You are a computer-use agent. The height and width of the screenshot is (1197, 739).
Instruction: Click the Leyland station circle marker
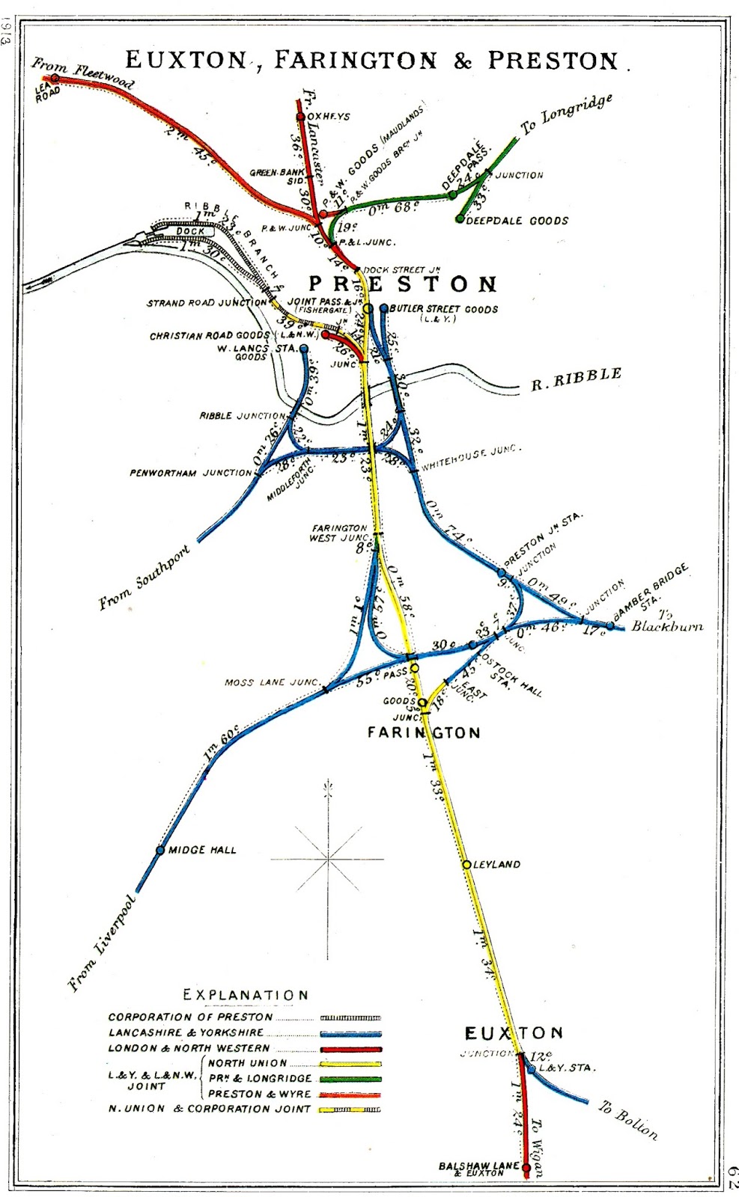[x=466, y=864]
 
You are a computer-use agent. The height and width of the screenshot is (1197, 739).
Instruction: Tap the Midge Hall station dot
[x=160, y=850]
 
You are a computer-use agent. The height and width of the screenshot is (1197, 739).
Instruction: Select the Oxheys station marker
[x=301, y=117]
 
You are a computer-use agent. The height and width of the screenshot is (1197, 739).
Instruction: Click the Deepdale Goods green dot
[x=460, y=219]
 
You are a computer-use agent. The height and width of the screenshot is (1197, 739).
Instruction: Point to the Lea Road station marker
[x=55, y=78]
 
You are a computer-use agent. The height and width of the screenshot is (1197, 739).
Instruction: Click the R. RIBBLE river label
[x=576, y=379]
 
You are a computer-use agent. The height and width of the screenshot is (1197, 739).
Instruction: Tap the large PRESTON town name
[x=403, y=284]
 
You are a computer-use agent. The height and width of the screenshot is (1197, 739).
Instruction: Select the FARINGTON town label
[x=424, y=732]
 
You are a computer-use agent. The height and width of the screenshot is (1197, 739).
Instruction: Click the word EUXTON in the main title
[x=186, y=61]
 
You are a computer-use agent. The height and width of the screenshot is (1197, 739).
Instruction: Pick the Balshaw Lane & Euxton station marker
[x=526, y=1168]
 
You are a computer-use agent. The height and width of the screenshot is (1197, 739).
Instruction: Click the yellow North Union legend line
[x=350, y=1063]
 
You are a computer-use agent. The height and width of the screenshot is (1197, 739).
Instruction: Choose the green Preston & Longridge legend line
[x=350, y=1079]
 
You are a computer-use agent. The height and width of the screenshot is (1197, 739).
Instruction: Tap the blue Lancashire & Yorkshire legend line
[x=350, y=1033]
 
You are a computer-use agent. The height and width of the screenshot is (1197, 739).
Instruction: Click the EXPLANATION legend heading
[x=246, y=995]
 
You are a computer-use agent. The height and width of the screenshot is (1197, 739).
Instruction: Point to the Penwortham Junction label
[x=190, y=473]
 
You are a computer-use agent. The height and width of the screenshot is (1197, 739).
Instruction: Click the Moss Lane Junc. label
[x=272, y=682]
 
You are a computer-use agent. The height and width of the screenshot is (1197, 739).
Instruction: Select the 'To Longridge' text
[x=567, y=114]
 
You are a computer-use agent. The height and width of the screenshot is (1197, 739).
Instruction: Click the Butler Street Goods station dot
[x=384, y=308]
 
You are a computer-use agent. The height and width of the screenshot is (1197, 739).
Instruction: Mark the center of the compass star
[x=328, y=859]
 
